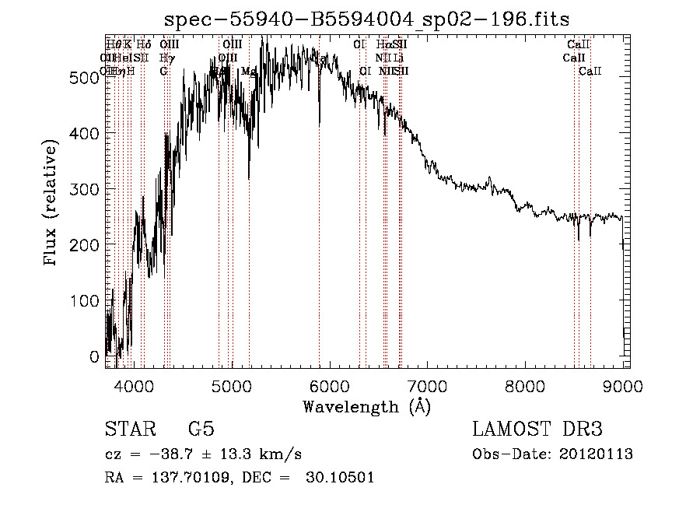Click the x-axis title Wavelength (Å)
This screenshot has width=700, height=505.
point(366,406)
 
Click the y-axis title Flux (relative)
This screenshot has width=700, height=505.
point(51,205)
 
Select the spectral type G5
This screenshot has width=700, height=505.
point(201,430)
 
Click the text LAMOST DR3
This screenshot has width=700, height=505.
point(537,430)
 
